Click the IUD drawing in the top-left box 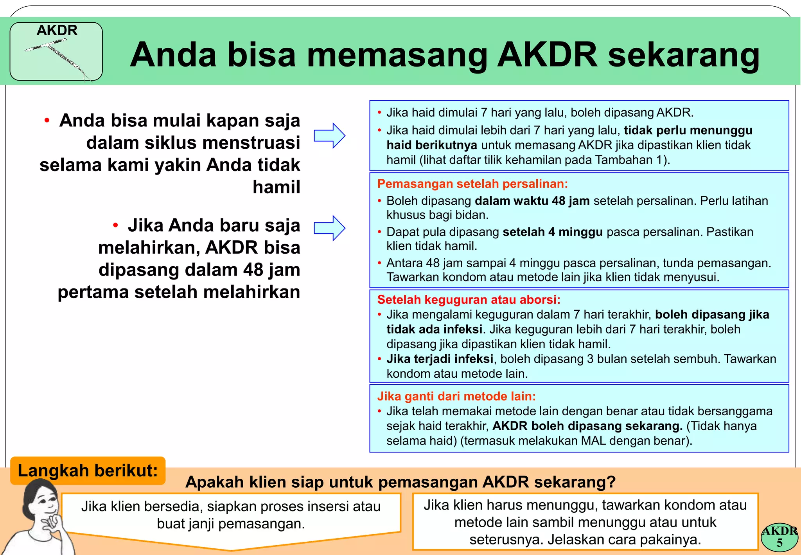click(x=59, y=59)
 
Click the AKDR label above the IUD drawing click(x=57, y=30)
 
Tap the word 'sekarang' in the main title click(x=683, y=55)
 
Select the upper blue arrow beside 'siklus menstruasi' click(x=329, y=135)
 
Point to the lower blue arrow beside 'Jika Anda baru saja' click(x=329, y=228)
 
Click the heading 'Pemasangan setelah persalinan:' click(x=472, y=184)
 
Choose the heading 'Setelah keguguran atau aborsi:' click(x=469, y=299)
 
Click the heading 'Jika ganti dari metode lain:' click(x=456, y=396)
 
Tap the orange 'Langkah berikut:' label click(x=88, y=470)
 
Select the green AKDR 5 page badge click(x=779, y=537)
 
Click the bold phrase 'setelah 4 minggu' click(x=553, y=232)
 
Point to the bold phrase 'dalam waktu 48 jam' click(x=532, y=201)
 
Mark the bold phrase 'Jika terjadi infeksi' click(x=440, y=359)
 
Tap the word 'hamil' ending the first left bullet click(x=276, y=187)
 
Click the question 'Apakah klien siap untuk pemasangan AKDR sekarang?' click(x=400, y=482)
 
